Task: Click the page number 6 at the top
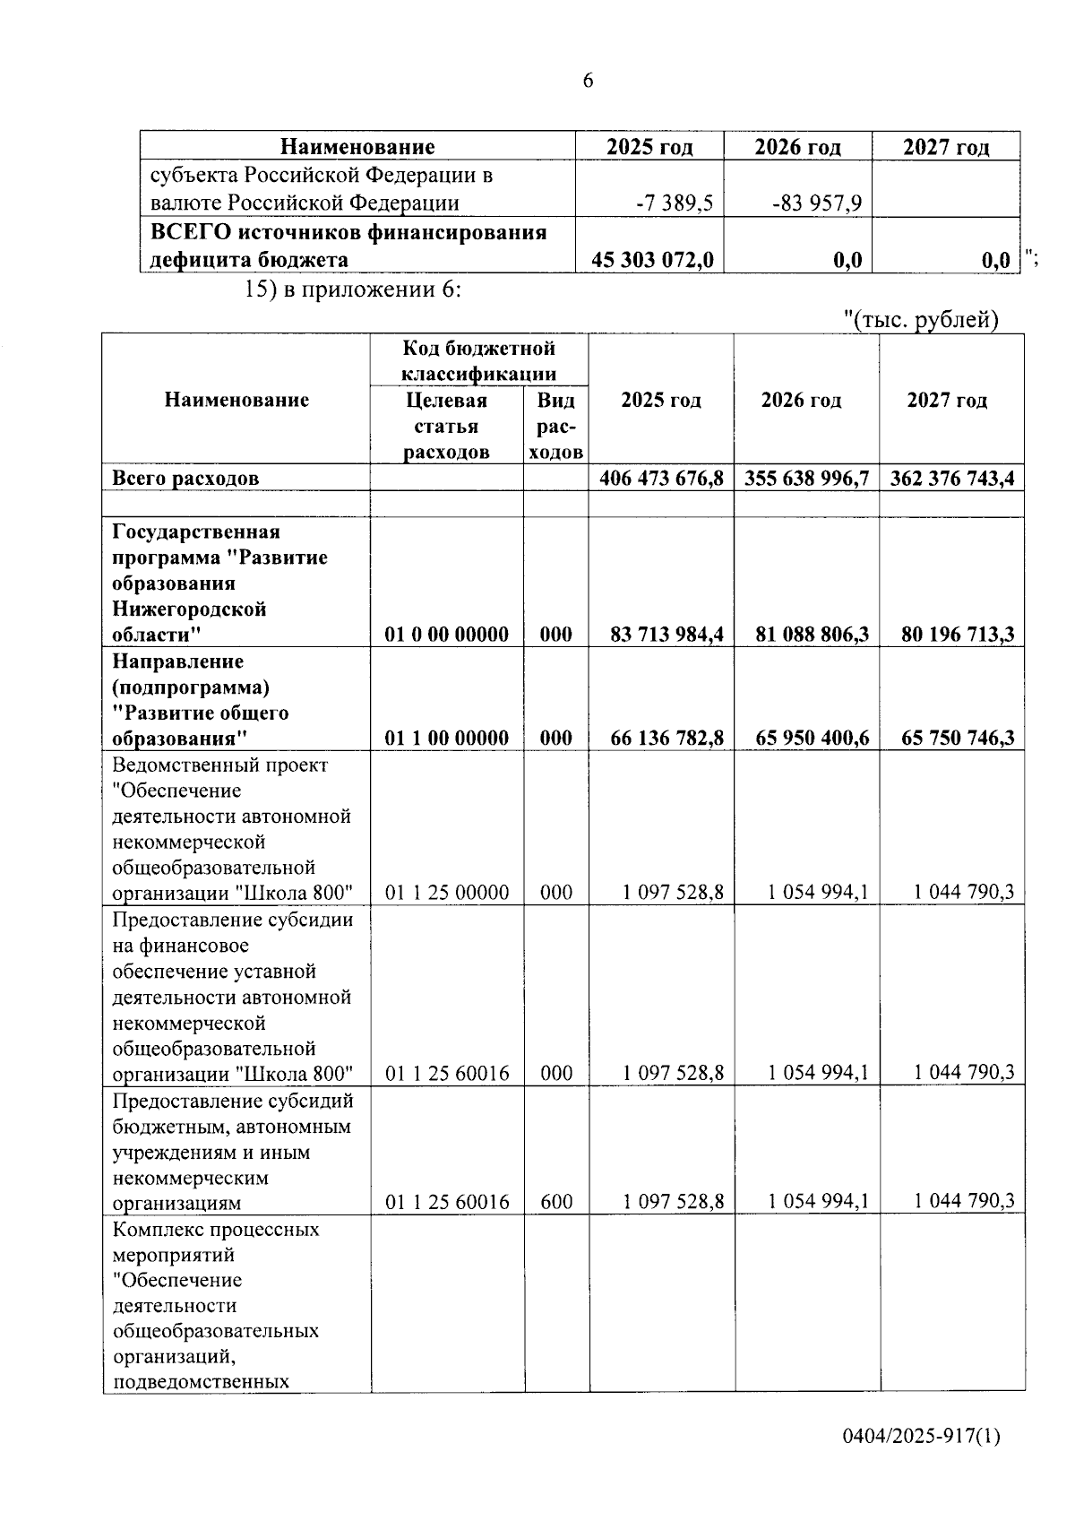[x=588, y=81]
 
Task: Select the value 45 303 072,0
[x=652, y=260]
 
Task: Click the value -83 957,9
[x=817, y=203]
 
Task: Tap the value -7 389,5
[x=674, y=203]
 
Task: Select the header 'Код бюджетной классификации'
[x=478, y=360]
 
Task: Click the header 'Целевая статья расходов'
[x=446, y=426]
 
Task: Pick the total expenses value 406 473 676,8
[x=661, y=478]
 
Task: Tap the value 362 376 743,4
[x=951, y=478]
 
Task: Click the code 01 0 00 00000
[x=447, y=635]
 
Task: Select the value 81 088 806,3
[x=812, y=635]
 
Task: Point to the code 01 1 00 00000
[x=447, y=738]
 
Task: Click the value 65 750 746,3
[x=951, y=738]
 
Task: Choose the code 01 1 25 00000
[x=447, y=892]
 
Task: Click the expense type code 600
[x=556, y=1201]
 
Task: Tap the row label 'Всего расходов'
[x=185, y=478]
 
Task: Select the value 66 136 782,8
[x=666, y=738]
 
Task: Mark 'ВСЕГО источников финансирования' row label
[x=348, y=233]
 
